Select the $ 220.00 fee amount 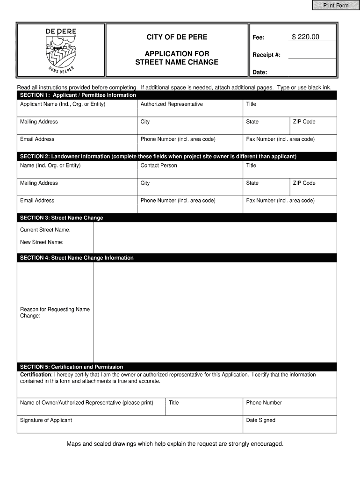tap(305, 37)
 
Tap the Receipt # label tap(266, 55)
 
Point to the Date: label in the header tap(259, 73)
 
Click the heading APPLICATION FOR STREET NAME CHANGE tap(177, 58)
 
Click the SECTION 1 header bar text tap(78, 95)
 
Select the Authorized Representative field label tap(172, 104)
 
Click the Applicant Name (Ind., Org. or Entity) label tap(63, 104)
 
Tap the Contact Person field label tap(158, 166)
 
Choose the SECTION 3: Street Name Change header tap(61, 218)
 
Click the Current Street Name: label tap(45, 230)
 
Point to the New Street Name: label tap(42, 242)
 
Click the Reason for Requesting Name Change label tap(55, 312)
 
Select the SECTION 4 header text tap(77, 258)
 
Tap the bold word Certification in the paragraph tap(35, 375)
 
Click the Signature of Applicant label tap(46, 420)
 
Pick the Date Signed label tap(260, 420)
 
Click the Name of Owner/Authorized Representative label tap(86, 403)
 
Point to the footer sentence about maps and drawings tap(175, 443)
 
